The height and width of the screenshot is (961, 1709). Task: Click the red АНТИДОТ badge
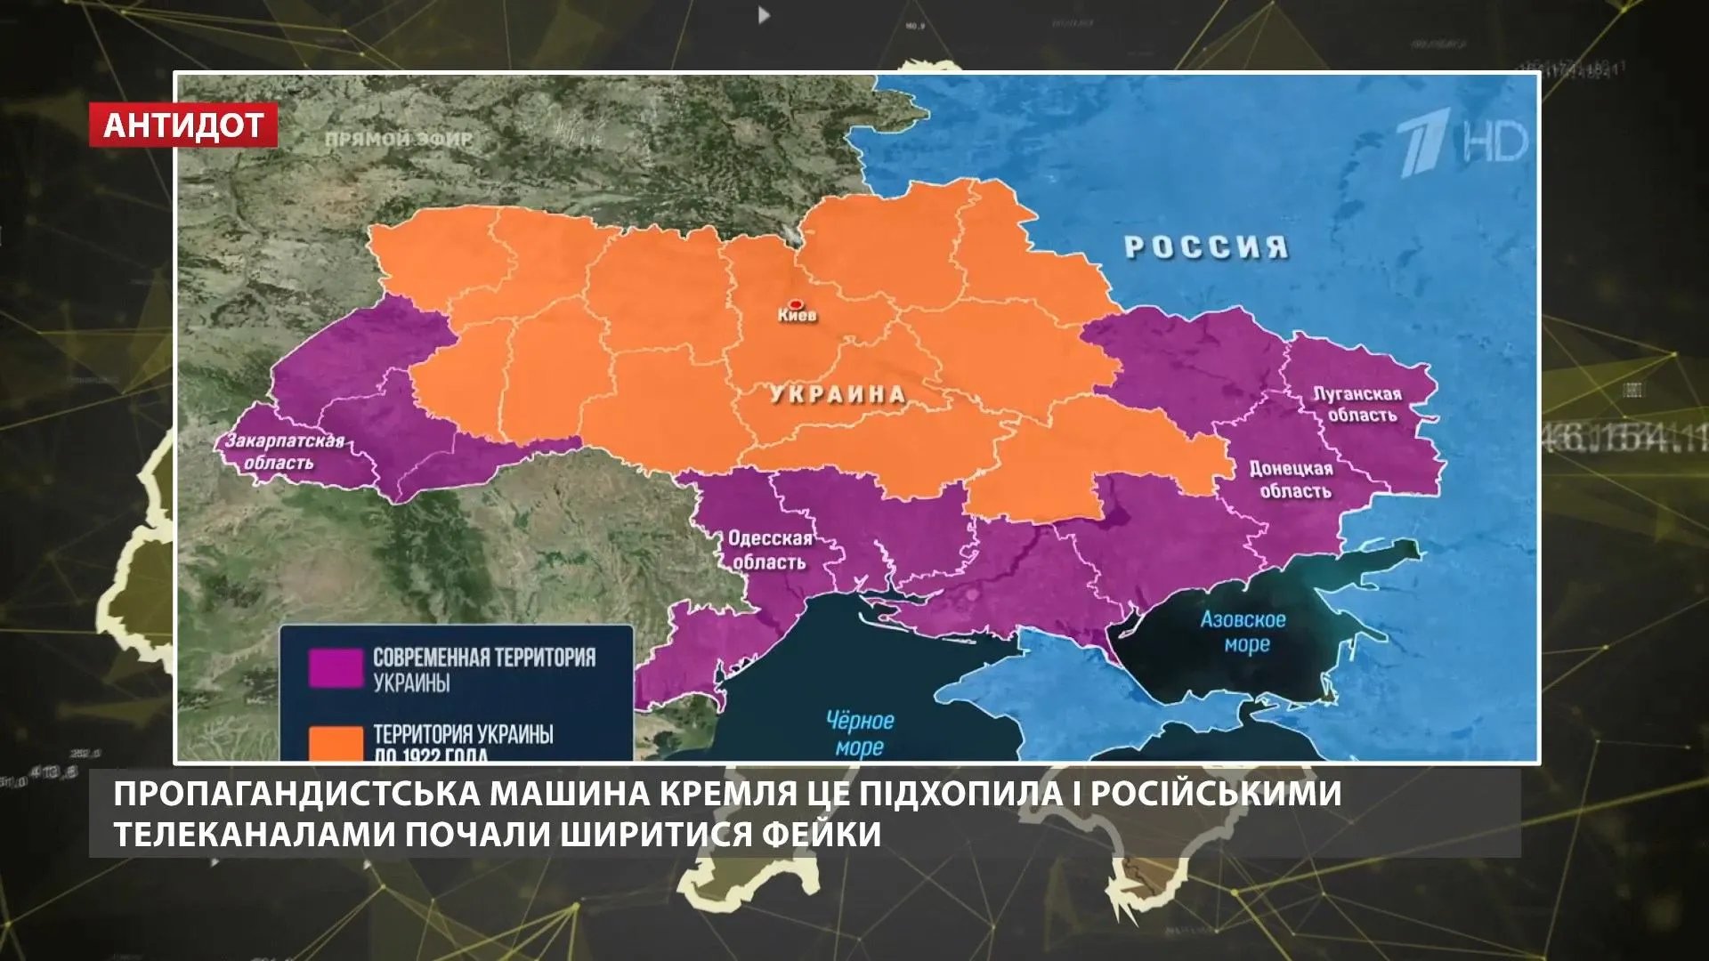click(183, 125)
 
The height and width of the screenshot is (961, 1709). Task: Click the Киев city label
click(797, 316)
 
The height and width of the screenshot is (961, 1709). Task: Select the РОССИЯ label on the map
click(1206, 246)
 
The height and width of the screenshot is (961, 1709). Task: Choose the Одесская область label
click(770, 550)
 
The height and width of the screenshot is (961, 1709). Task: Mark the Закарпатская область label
click(283, 452)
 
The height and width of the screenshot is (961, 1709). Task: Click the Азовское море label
click(1243, 631)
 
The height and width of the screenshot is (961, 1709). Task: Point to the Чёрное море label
click(860, 733)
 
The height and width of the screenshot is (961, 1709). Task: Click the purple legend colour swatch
click(336, 668)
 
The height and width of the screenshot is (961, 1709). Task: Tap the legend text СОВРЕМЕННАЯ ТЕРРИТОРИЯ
click(484, 658)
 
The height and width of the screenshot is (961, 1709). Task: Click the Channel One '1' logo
click(1421, 145)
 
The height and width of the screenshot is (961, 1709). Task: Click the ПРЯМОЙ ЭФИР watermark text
click(399, 140)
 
